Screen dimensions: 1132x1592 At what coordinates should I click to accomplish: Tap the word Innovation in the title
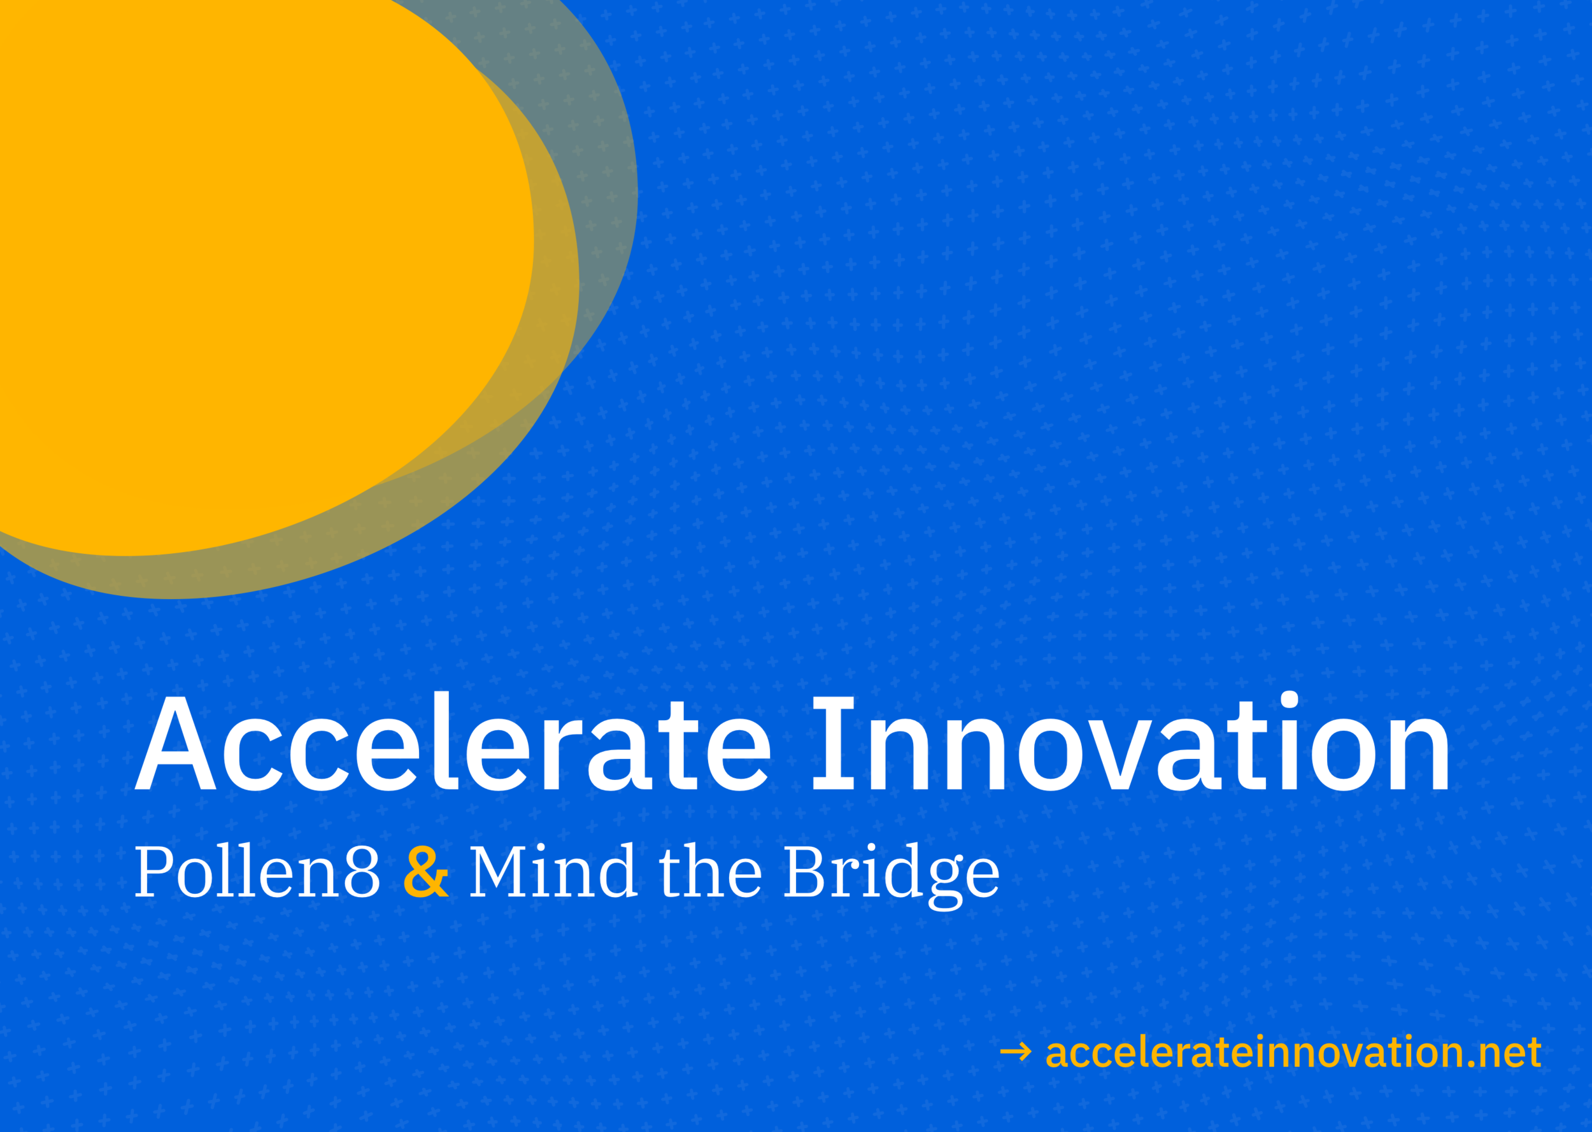pyautogui.click(x=1129, y=744)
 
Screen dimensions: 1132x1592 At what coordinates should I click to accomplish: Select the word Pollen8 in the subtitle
pyautogui.click(x=257, y=872)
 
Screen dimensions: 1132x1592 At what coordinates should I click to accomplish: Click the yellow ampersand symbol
pyautogui.click(x=426, y=872)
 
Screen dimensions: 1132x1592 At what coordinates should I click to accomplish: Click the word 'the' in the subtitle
pyautogui.click(x=710, y=872)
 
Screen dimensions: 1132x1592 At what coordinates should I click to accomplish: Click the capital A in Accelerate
pyautogui.click(x=175, y=744)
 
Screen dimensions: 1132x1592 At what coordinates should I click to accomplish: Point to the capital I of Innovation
pyautogui.click(x=834, y=744)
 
